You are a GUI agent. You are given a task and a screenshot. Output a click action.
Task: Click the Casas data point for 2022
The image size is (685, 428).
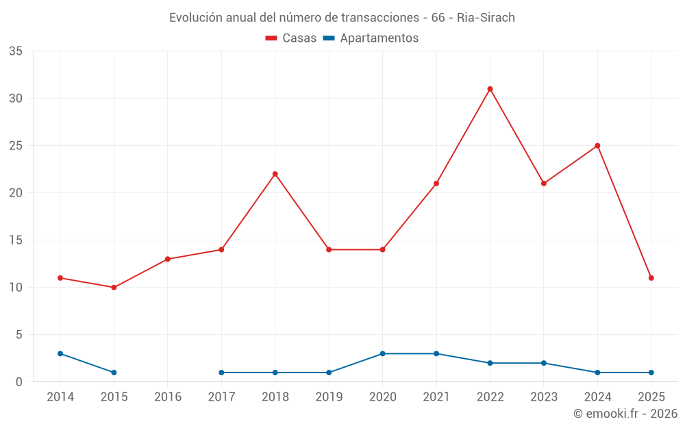[x=490, y=89]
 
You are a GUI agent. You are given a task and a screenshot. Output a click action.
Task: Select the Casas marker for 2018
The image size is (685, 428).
[x=275, y=174]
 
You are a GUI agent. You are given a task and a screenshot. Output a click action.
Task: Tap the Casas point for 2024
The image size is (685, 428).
[x=597, y=146]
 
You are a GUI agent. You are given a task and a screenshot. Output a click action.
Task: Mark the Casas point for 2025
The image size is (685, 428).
[x=651, y=278]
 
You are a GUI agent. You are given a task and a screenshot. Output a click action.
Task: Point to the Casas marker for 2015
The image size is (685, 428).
[x=114, y=288]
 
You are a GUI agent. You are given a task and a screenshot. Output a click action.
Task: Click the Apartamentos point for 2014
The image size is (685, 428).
[x=60, y=353]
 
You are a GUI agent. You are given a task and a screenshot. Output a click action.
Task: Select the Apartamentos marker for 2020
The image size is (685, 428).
[x=382, y=353]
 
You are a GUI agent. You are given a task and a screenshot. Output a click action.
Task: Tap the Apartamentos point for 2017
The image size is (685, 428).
[x=221, y=373]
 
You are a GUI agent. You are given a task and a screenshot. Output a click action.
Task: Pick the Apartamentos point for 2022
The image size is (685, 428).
[x=490, y=363]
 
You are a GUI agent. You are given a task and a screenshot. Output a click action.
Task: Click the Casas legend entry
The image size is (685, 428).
[x=291, y=38]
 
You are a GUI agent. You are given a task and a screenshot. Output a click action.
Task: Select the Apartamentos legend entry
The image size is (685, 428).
[x=371, y=38]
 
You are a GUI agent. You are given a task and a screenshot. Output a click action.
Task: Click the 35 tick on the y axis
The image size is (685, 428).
[x=16, y=51]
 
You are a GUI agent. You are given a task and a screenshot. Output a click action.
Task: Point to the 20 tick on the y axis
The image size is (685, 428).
[x=16, y=193]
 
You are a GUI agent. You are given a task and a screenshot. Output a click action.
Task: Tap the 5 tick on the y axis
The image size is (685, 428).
[x=19, y=335]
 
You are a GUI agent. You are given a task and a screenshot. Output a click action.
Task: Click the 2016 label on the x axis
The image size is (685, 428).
[x=168, y=397]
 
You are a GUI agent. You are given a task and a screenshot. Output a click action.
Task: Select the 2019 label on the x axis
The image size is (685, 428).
[x=329, y=397]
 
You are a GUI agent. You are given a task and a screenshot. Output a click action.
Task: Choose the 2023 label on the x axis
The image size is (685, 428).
[x=544, y=397]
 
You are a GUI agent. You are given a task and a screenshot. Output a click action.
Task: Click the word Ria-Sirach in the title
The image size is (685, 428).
[x=486, y=18]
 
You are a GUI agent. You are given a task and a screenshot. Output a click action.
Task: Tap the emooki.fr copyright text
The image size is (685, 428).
[x=625, y=414]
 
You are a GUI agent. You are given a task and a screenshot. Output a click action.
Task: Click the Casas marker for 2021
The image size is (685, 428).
[x=436, y=184]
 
